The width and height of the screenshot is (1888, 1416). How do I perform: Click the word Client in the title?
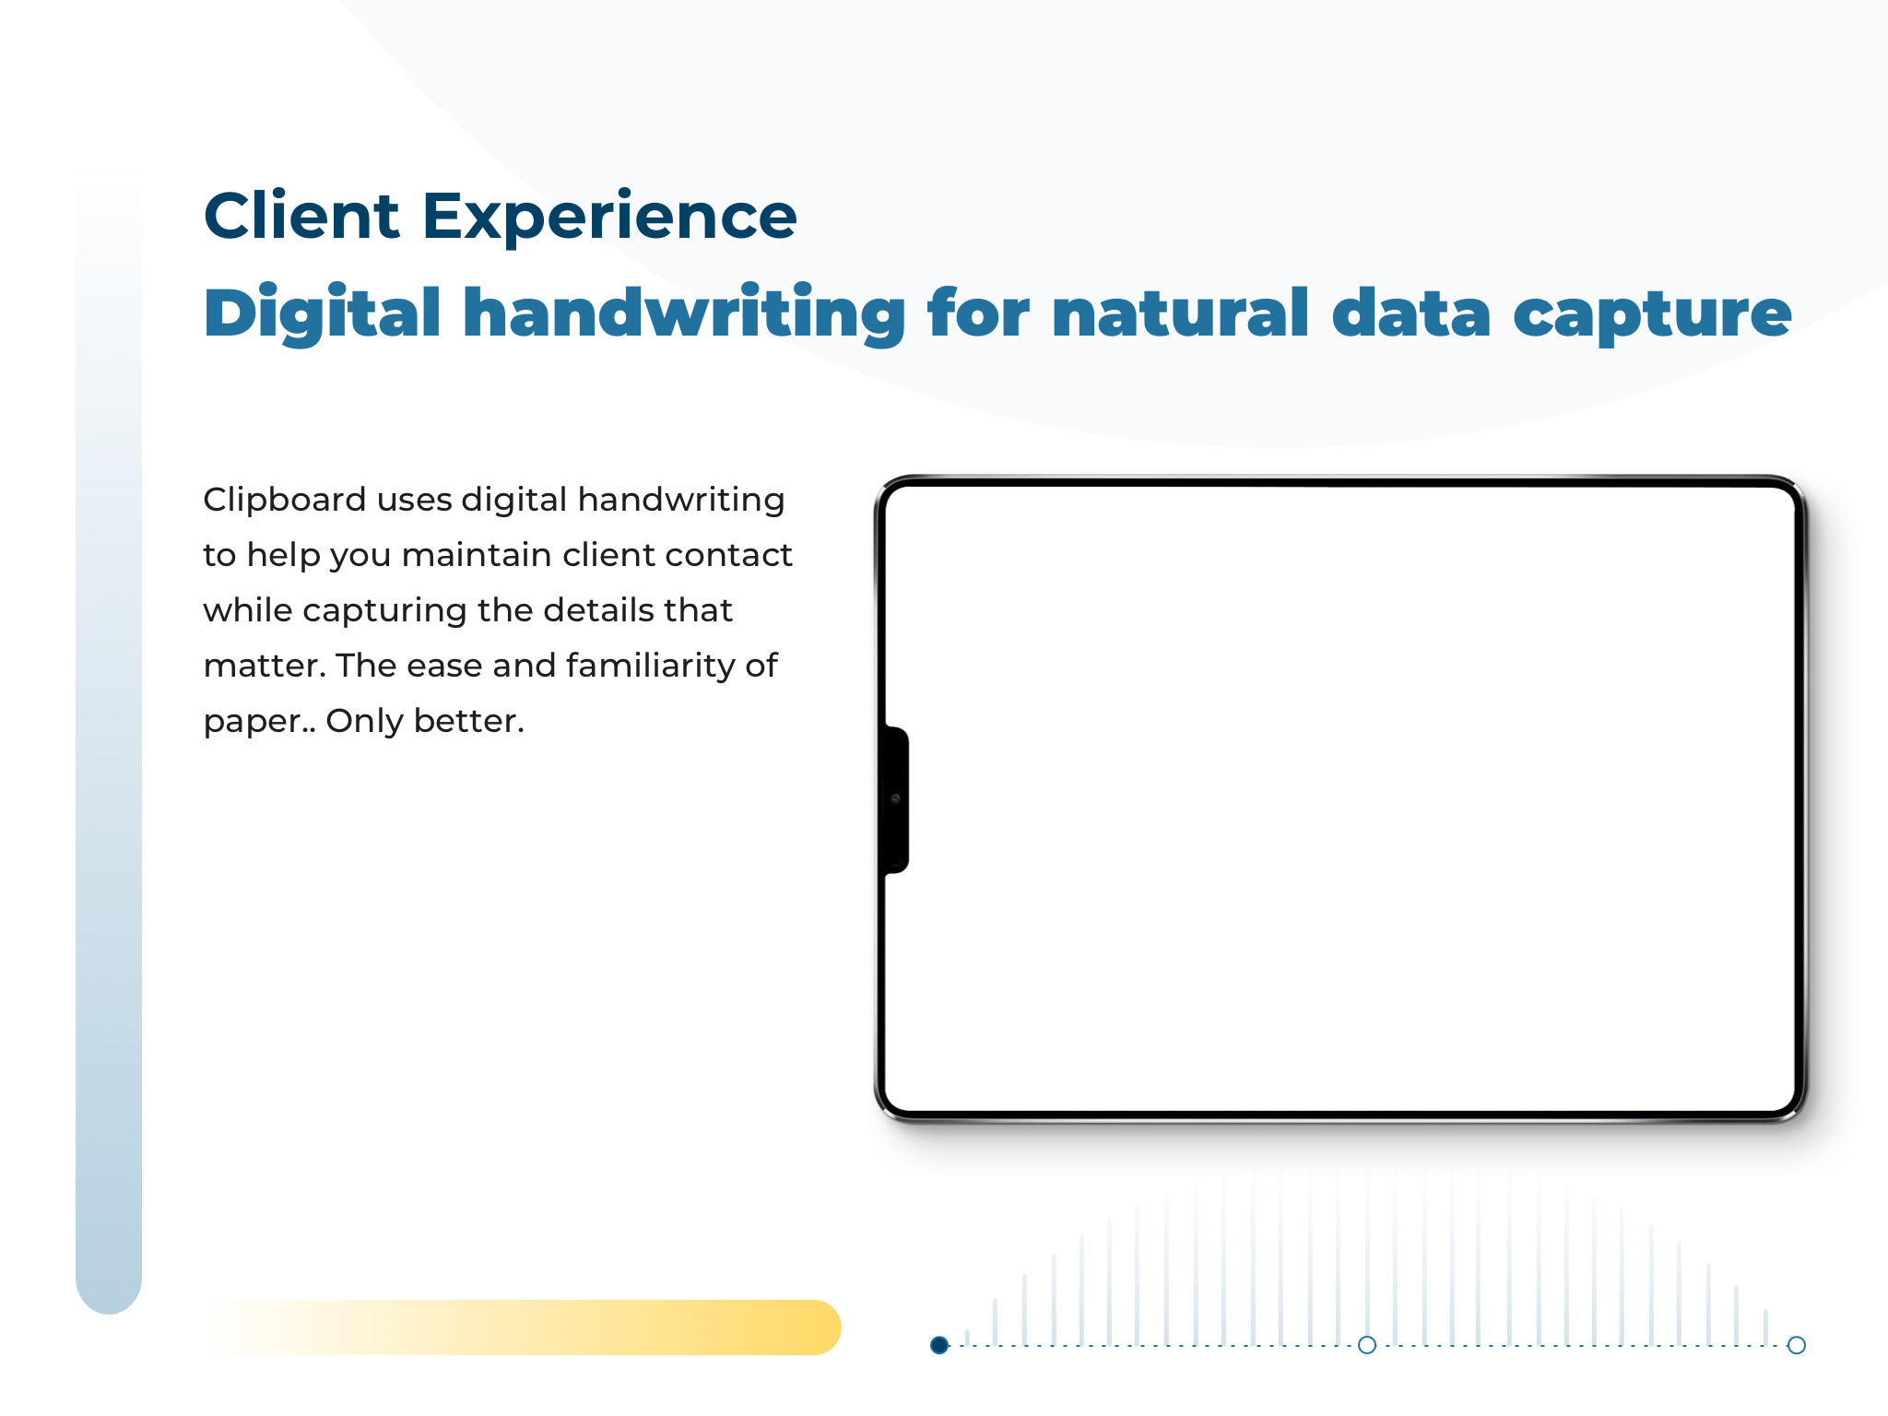pyautogui.click(x=301, y=216)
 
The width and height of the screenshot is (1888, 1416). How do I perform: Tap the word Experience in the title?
pyautogui.click(x=609, y=219)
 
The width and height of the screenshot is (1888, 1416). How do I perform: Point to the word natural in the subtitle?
pyautogui.click(x=1180, y=313)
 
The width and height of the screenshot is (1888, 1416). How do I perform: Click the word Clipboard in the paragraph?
pyautogui.click(x=285, y=501)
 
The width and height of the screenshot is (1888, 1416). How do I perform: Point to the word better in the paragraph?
pyautogui.click(x=469, y=721)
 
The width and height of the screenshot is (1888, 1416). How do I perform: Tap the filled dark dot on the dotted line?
pyautogui.click(x=939, y=1345)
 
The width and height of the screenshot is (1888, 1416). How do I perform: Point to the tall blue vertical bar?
pyautogui.click(x=109, y=742)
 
